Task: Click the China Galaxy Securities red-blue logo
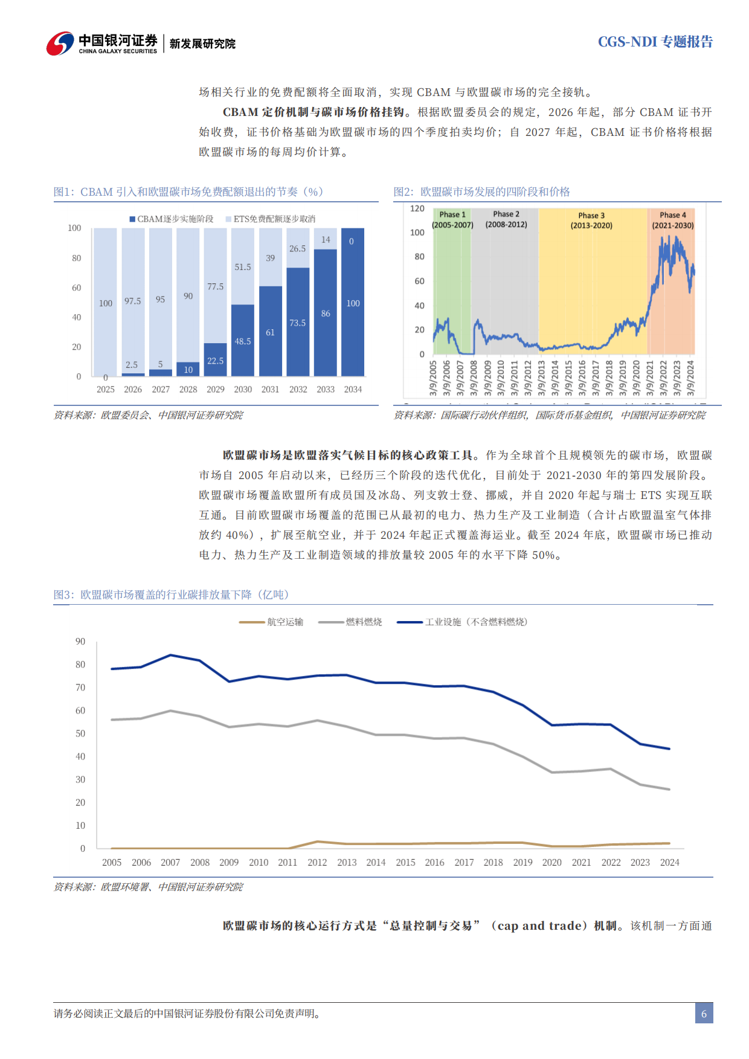(60, 43)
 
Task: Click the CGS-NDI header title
(655, 42)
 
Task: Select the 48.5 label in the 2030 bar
(243, 341)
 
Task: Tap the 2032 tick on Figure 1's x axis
(298, 390)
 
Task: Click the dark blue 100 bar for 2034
(353, 302)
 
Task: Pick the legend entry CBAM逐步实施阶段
(172, 219)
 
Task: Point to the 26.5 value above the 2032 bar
(298, 249)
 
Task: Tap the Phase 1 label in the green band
(452, 214)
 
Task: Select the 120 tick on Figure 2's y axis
(417, 208)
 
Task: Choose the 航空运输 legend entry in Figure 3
(272, 622)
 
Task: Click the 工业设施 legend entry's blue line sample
(410, 622)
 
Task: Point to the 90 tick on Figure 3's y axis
(80, 642)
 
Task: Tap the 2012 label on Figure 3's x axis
(317, 863)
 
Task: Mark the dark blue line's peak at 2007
(170, 655)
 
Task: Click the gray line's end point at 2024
(669, 789)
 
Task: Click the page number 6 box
(704, 1014)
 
